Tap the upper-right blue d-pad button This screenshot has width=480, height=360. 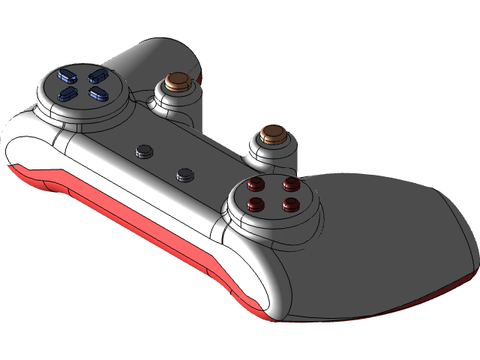[96, 75]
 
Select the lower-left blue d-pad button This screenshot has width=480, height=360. [66, 94]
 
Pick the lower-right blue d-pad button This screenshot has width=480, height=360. [96, 93]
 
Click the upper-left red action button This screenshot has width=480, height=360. [256, 184]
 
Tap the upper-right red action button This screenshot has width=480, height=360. [289, 183]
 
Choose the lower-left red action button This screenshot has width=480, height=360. [257, 203]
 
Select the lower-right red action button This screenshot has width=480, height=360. [291, 202]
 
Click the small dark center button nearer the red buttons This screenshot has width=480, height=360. [184, 175]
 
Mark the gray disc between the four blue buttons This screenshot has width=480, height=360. [81, 85]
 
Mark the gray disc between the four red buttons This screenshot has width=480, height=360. [274, 194]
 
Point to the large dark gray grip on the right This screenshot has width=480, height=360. [390, 240]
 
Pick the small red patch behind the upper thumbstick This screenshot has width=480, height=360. [199, 75]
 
